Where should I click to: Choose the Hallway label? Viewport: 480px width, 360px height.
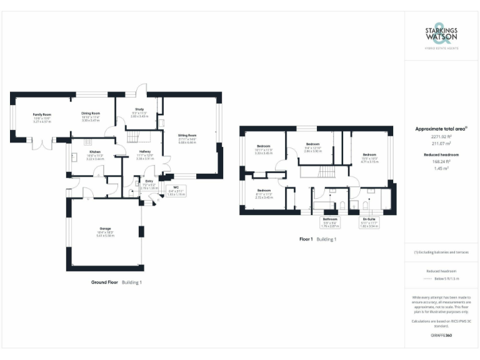[145, 154]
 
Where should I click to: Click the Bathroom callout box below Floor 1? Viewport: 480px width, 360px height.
[330, 222]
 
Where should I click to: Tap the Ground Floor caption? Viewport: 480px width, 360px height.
[104, 282]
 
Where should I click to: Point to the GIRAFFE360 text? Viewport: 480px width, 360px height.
[441, 336]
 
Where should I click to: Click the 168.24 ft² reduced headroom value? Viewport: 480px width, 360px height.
[441, 161]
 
